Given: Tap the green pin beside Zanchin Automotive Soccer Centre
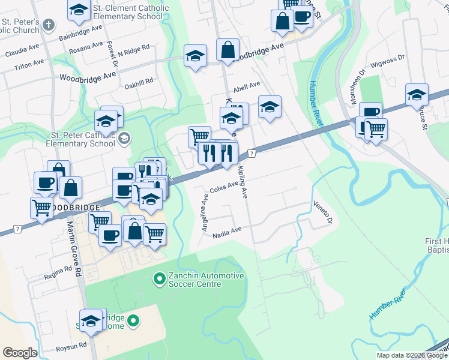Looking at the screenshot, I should click(x=159, y=279).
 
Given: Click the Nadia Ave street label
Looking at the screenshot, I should click(x=227, y=232).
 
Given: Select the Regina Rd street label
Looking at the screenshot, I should click(x=58, y=274).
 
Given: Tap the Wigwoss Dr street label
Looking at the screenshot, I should click(x=387, y=61).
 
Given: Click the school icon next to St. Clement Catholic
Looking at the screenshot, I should click(x=78, y=8).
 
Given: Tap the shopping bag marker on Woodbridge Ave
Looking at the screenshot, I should click(x=228, y=50).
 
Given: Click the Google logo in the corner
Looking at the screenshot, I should click(x=20, y=353).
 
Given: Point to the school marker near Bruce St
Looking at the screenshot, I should click(x=417, y=94).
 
